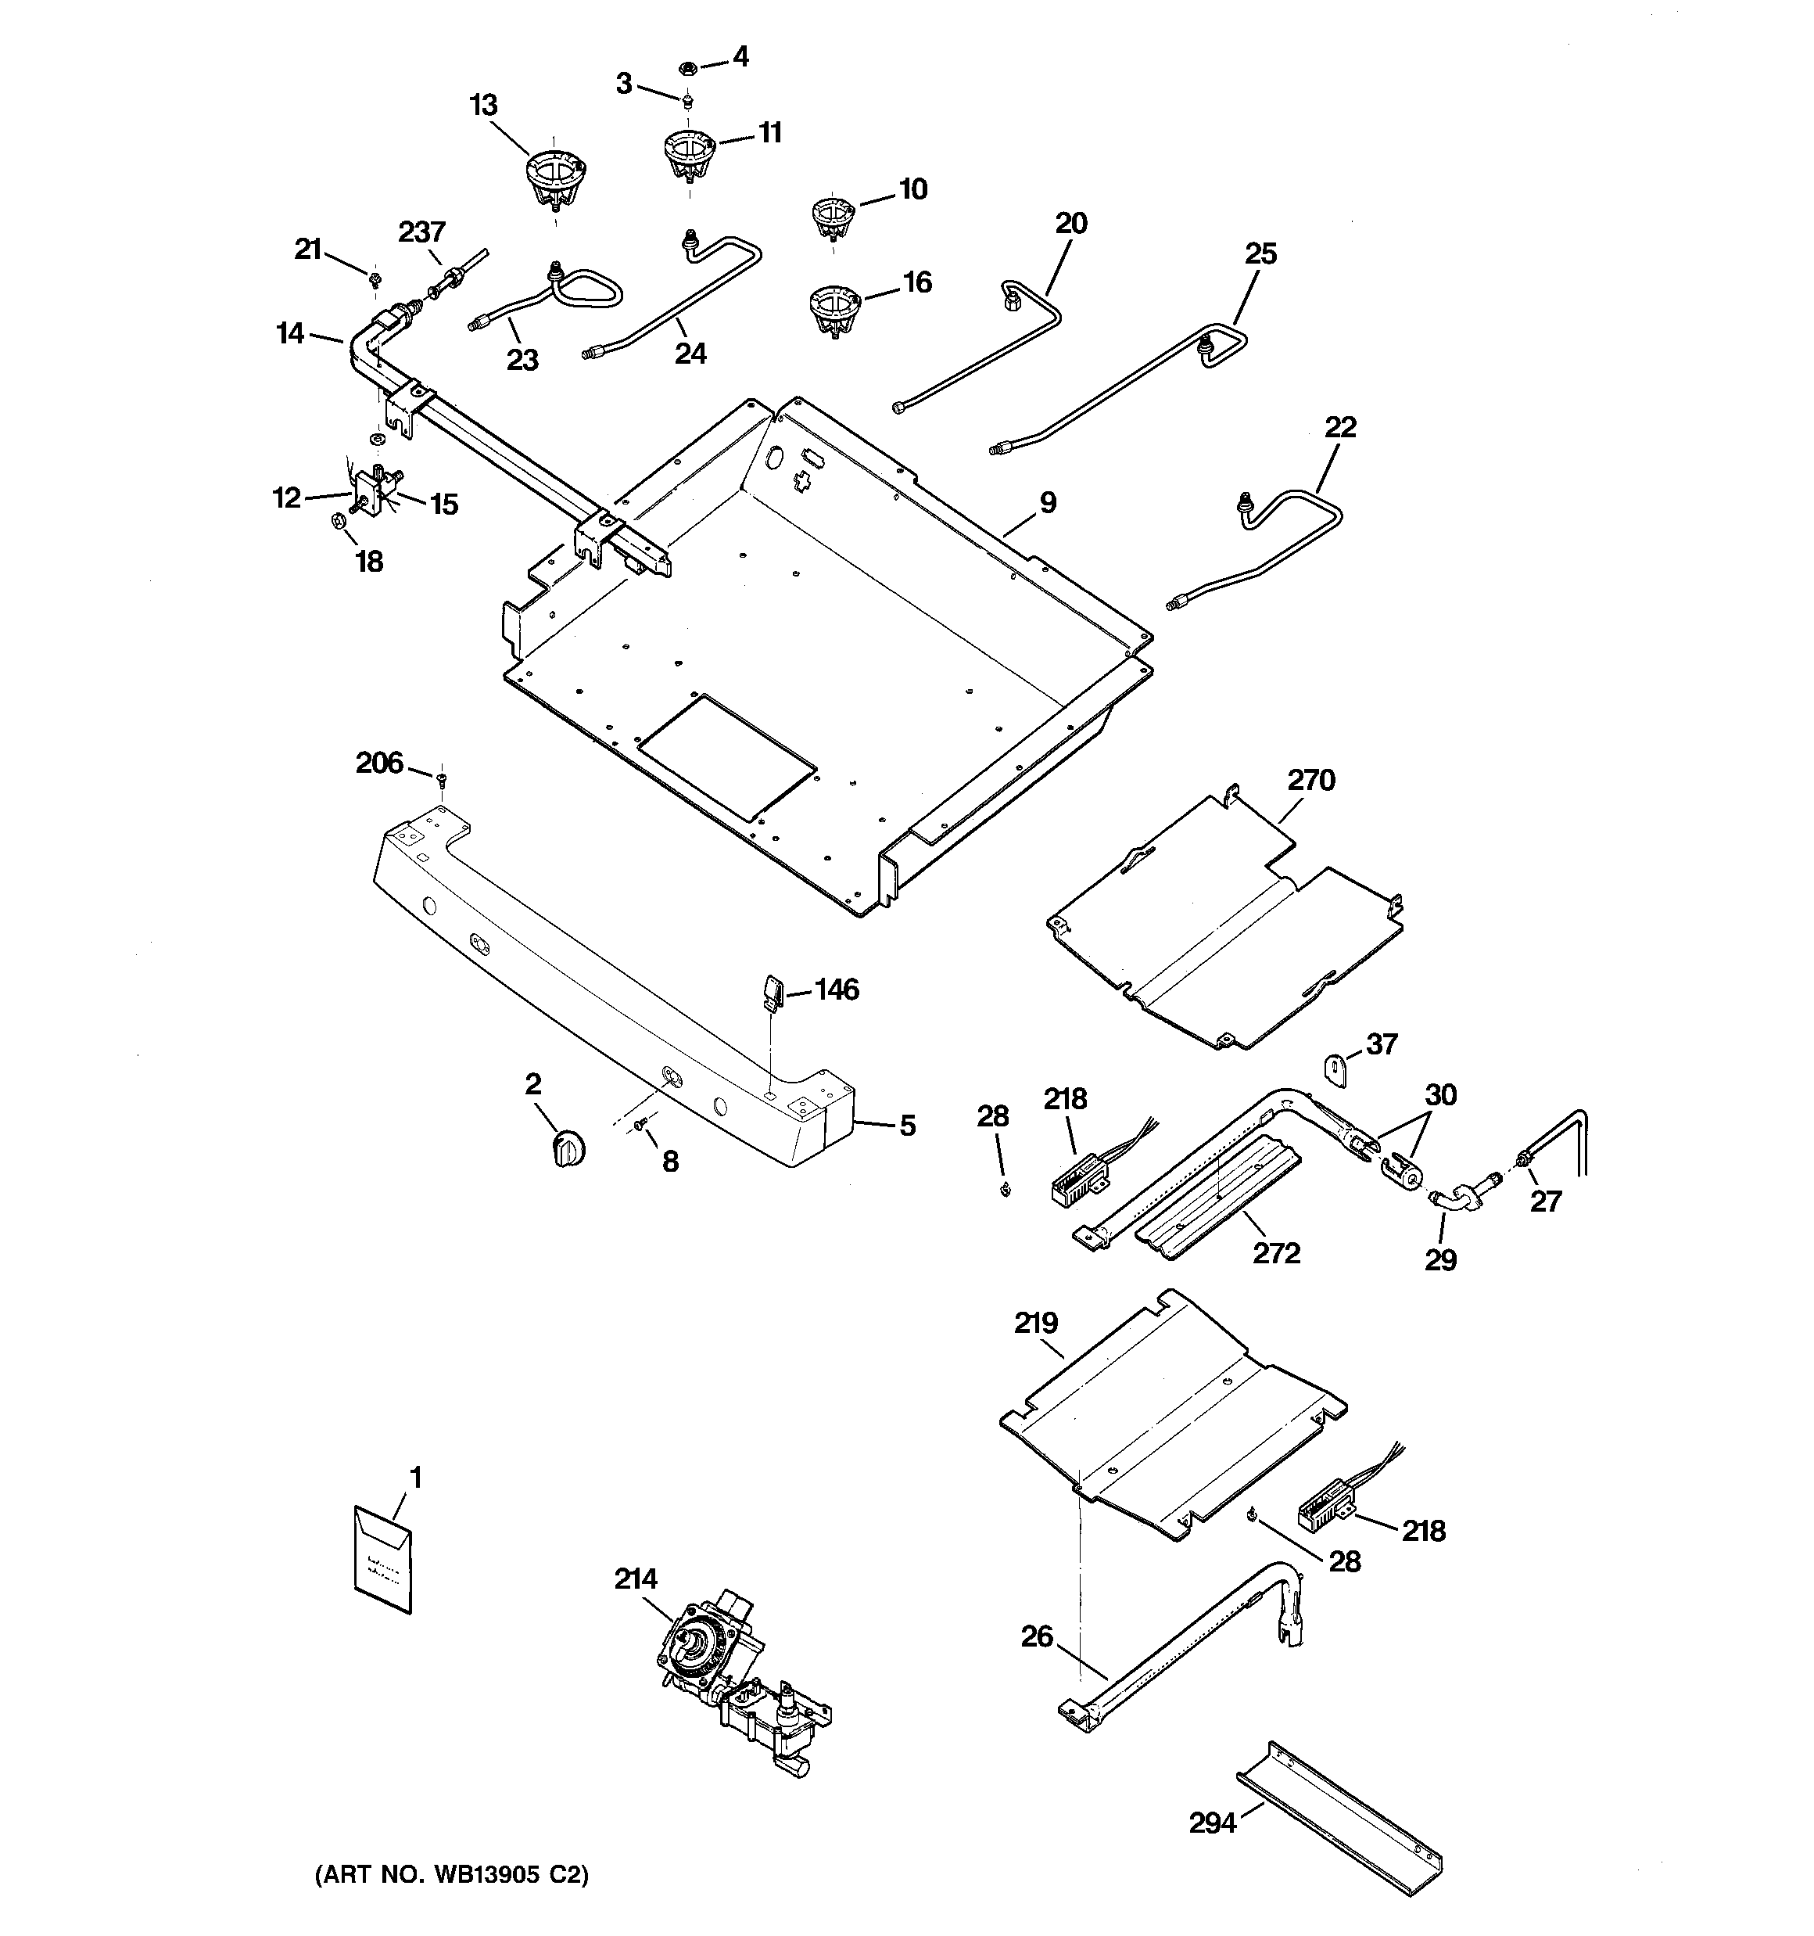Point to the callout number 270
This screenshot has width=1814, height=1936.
1310,781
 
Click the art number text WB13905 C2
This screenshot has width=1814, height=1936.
451,1875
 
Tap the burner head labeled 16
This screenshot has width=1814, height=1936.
834,310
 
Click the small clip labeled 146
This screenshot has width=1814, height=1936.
771,993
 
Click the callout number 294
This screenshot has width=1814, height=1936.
1212,1822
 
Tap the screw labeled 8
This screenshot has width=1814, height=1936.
640,1126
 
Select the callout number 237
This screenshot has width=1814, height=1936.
421,232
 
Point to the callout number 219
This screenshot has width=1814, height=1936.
1035,1324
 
